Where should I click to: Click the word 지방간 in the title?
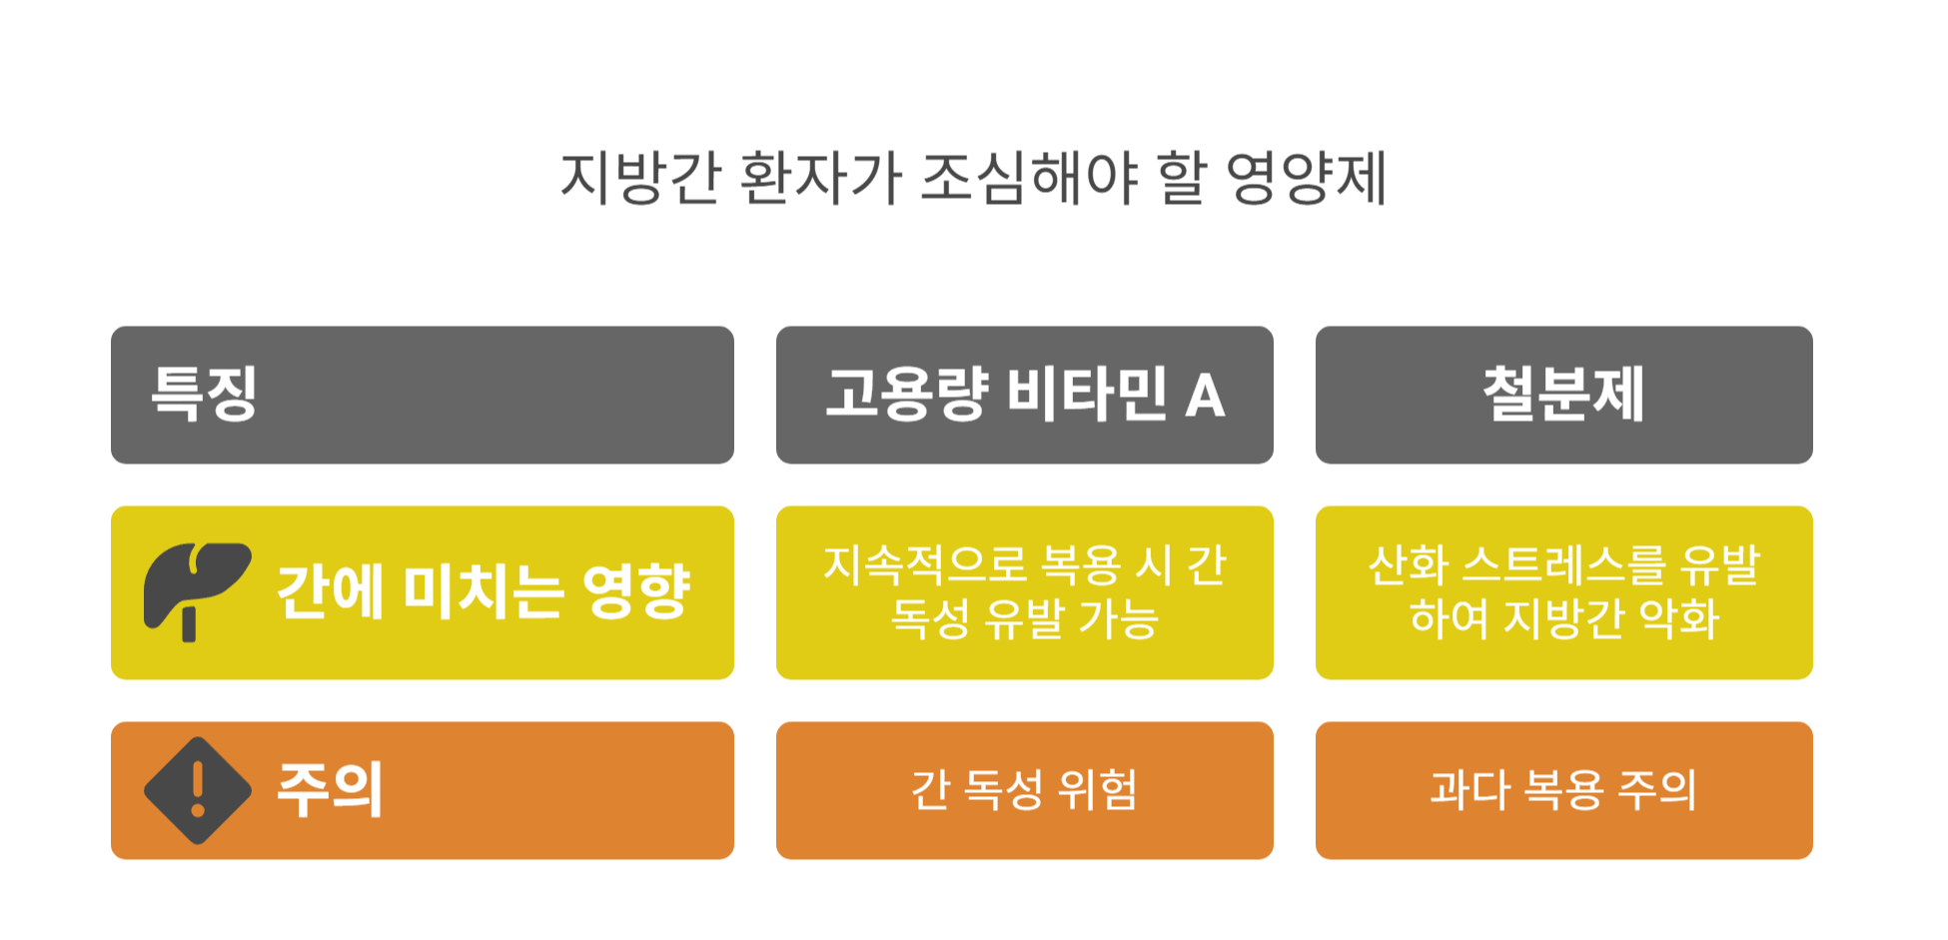(640, 179)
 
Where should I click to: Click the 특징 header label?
(205, 394)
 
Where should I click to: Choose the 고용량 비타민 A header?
(1024, 394)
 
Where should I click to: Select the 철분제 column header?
(1563, 394)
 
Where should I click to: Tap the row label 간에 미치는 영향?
(483, 591)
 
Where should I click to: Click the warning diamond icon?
(198, 790)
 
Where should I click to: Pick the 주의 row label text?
(330, 790)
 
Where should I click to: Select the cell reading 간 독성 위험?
(1024, 790)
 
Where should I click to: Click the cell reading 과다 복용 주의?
(1563, 790)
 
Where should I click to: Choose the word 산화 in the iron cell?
(1409, 565)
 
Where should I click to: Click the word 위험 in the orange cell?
(1098, 790)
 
